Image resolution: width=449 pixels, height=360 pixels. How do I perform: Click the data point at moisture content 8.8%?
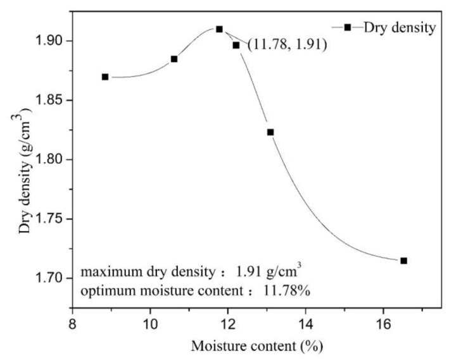tap(105, 77)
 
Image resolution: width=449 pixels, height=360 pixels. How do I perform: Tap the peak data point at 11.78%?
tap(219, 29)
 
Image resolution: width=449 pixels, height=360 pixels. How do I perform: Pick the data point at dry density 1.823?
tap(270, 132)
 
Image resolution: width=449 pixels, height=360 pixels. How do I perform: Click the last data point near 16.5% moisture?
tap(403, 261)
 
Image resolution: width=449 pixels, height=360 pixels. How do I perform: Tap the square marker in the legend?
tap(347, 27)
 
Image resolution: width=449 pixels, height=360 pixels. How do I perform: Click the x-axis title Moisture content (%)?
tap(253, 346)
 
